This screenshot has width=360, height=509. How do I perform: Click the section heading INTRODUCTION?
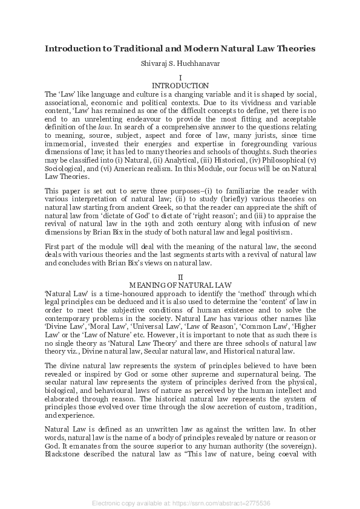180,86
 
